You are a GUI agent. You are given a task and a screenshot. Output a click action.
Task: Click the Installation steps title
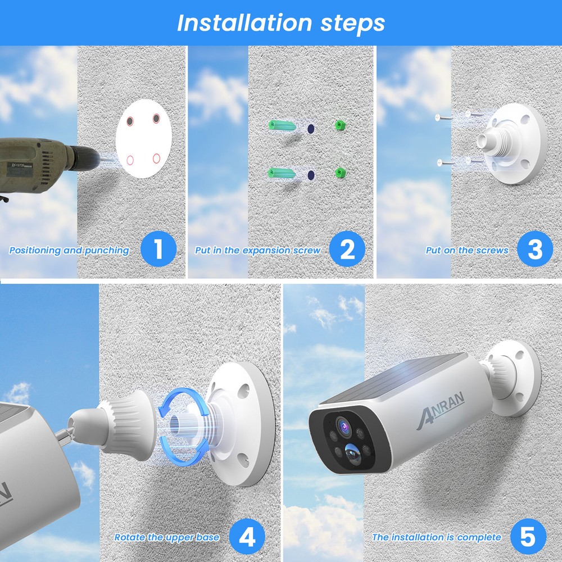[x=281, y=23]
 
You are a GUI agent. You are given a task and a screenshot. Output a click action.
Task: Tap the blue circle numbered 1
[x=158, y=249]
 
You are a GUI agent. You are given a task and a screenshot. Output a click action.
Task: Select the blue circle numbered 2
[x=347, y=249]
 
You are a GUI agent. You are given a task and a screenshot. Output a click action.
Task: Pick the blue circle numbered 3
[x=534, y=249]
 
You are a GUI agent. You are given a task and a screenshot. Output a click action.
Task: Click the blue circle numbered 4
[x=247, y=537]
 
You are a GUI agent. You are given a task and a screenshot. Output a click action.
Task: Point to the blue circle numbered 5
[x=527, y=537]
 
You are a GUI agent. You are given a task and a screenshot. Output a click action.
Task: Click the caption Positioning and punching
[x=69, y=251]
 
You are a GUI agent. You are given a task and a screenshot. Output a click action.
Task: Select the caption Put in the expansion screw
[x=258, y=251]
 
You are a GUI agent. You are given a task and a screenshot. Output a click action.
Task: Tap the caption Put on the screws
[x=467, y=251]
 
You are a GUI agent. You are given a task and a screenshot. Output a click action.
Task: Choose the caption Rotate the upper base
[x=167, y=538]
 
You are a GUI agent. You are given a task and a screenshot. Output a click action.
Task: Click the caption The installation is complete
[x=437, y=538]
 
